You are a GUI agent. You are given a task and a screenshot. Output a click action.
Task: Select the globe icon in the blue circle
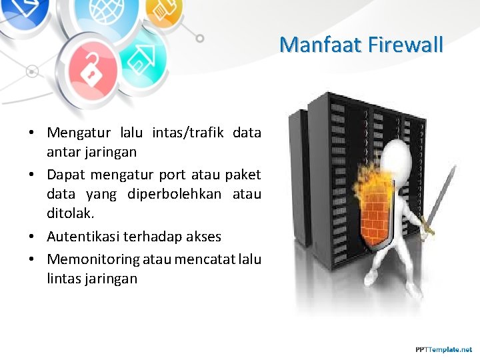click(98, 15)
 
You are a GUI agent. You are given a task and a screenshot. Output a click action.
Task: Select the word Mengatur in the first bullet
click(79, 133)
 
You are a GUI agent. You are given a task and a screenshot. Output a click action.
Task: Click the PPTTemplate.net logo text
click(443, 349)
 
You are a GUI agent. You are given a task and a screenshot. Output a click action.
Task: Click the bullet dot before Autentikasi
click(32, 237)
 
